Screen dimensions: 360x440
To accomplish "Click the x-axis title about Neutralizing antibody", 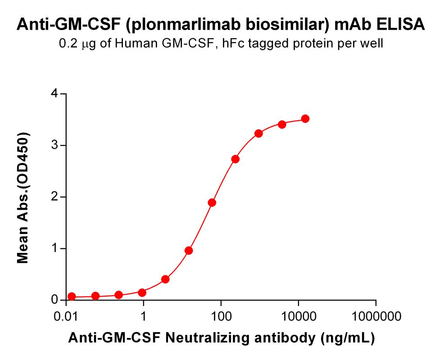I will [x=221, y=338].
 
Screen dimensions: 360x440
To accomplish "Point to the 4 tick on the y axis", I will [x=54, y=94].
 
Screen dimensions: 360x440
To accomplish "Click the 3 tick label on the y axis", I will [x=54, y=145].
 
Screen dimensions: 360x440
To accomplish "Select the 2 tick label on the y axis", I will [x=54, y=197].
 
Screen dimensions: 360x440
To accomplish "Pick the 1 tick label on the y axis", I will [x=54, y=248].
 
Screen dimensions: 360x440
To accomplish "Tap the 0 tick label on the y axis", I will [x=54, y=300].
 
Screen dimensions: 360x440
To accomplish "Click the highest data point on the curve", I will [x=305, y=119].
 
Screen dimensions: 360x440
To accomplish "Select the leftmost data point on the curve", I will [x=72, y=297].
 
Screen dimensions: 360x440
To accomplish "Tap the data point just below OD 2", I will [x=212, y=202].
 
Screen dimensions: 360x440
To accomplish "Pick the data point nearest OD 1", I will [x=189, y=251].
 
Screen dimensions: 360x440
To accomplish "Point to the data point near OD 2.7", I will [x=235, y=159].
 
